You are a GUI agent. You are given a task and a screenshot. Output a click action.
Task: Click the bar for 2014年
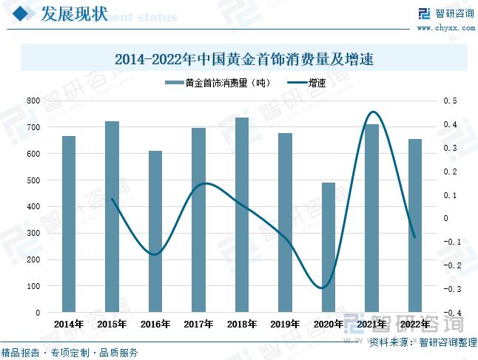[69, 224]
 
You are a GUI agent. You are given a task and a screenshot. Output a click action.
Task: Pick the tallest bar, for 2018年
[242, 214]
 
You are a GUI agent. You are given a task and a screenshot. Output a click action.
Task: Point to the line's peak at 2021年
[372, 112]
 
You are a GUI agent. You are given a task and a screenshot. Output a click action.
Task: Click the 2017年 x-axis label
[198, 324]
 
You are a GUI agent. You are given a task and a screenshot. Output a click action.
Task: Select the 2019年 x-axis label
[285, 324]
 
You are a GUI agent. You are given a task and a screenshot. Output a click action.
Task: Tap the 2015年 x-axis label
[112, 324]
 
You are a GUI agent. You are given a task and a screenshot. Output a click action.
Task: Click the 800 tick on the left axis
[33, 101]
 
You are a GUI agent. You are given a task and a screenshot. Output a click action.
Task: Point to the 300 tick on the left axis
[33, 234]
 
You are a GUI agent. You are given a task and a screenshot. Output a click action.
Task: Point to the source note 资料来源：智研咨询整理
[422, 342]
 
